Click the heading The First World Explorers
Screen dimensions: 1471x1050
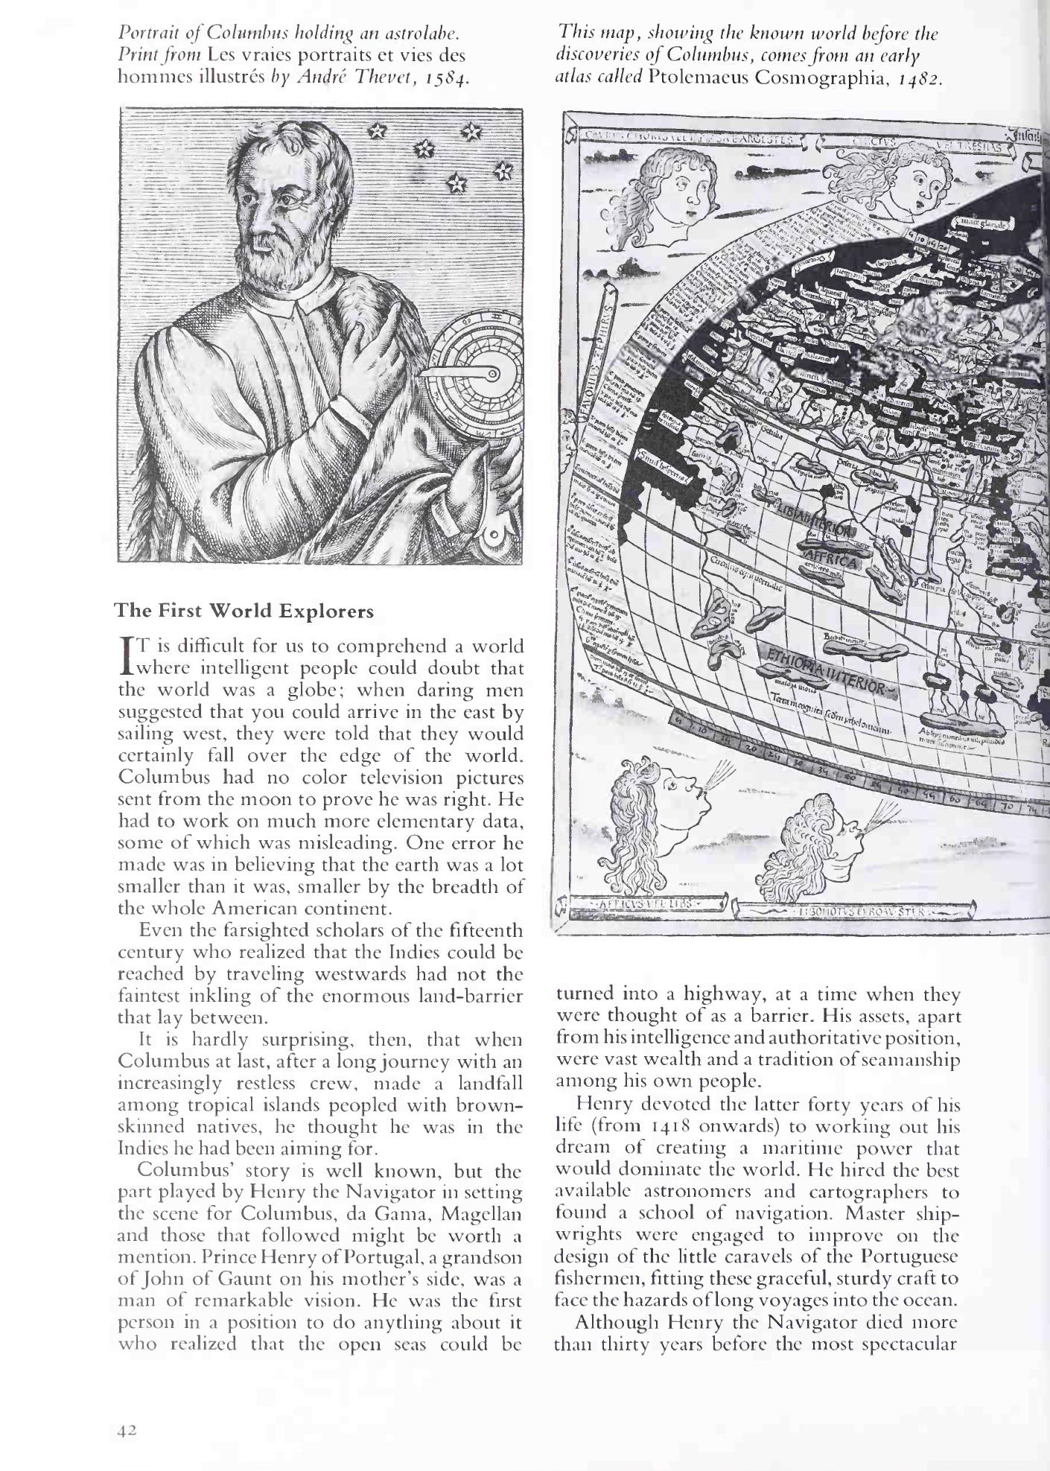pyautogui.click(x=244, y=611)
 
